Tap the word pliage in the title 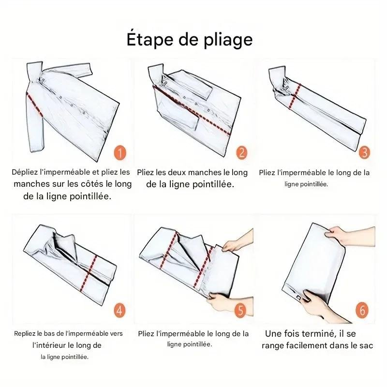(228, 40)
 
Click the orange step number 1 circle (120, 153)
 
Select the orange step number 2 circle (241, 152)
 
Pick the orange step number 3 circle (364, 152)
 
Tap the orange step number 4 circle (119, 310)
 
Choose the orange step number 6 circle (362, 310)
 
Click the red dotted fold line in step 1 (34, 104)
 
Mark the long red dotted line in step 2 (192, 110)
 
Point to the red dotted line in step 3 (295, 96)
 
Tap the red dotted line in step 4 (89, 273)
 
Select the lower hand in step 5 (229, 304)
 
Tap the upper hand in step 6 (350, 236)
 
